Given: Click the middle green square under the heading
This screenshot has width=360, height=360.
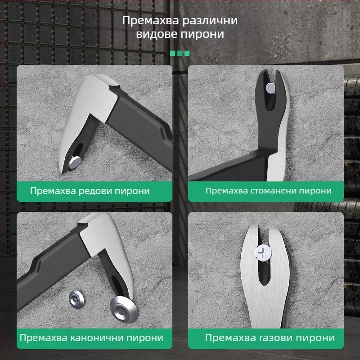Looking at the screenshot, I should (x=180, y=53).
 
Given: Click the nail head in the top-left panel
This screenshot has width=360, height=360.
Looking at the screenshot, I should (x=75, y=160).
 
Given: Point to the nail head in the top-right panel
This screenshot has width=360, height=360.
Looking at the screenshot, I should (x=271, y=89).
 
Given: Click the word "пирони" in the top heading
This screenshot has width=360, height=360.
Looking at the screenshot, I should (x=207, y=34).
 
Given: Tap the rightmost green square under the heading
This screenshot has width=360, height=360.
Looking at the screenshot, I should (x=187, y=53).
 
